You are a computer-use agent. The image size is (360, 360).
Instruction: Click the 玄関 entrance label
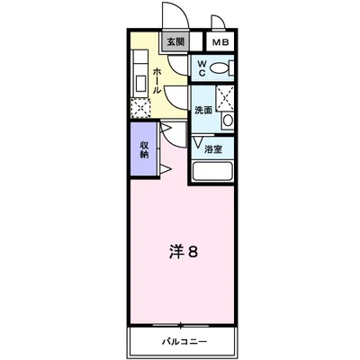coord(175,41)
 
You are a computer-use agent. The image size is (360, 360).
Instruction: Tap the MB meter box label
coord(219,41)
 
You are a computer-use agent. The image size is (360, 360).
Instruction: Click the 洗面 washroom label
coord(203,110)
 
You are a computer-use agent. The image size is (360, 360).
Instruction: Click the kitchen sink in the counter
coord(140,83)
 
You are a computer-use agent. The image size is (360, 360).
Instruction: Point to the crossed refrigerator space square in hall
coord(140,109)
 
